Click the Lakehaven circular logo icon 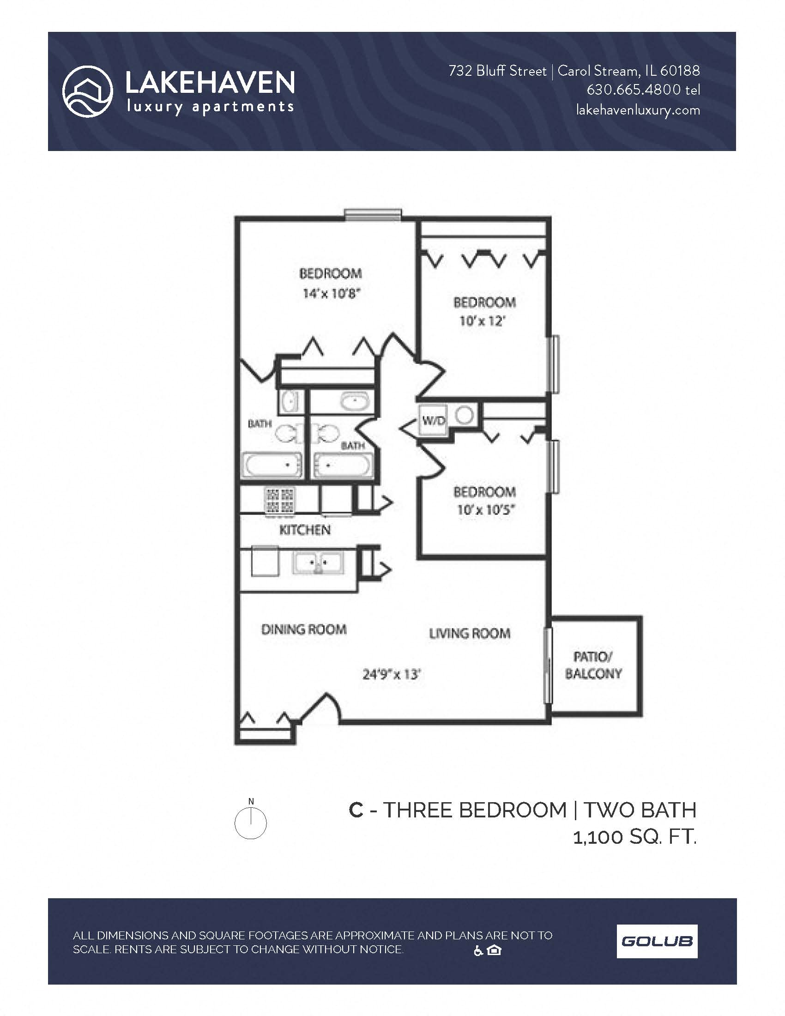[87, 91]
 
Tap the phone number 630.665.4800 [635, 90]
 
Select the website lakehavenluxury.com [638, 110]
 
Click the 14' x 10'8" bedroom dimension [332, 294]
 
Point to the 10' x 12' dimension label [482, 321]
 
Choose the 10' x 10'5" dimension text [484, 510]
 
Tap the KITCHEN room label [305, 530]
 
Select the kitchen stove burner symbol [279, 501]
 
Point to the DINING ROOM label [304, 629]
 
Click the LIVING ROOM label [469, 633]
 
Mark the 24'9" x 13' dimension [392, 674]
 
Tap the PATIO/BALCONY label [593, 665]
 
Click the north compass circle [250, 823]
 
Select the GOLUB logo [657, 942]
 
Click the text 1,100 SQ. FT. [634, 837]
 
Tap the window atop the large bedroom [373, 214]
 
